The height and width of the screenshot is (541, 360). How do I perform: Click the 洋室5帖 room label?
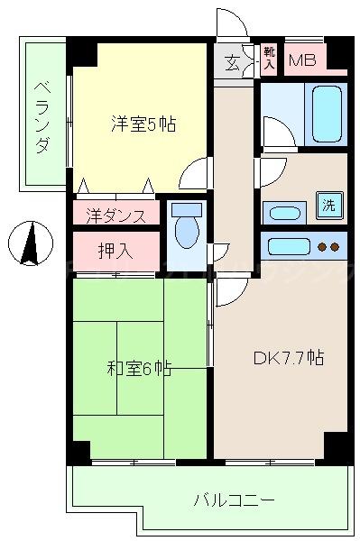point(143,124)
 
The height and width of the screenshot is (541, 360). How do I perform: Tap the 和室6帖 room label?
point(139,367)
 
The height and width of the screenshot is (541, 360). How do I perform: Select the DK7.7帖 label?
point(287,358)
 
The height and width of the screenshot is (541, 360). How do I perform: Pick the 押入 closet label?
point(115,249)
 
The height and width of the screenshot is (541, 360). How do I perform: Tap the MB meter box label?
point(302,61)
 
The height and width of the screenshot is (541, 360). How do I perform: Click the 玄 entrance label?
point(232,62)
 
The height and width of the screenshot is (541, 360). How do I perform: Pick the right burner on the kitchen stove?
point(335,246)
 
